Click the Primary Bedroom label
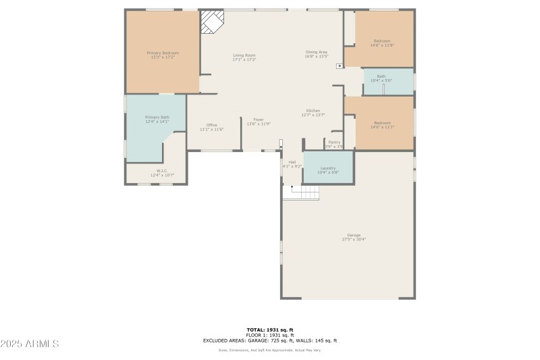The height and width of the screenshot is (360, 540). [x=163, y=53]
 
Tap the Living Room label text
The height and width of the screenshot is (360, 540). [x=244, y=55]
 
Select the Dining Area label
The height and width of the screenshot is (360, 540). [x=316, y=53]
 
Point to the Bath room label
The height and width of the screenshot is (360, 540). [x=381, y=76]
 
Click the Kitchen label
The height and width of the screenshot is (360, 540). [x=313, y=111]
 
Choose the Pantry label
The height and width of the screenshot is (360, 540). [x=334, y=143]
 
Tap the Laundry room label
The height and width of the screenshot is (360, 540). [x=328, y=168]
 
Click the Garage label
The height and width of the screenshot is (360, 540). [x=354, y=235]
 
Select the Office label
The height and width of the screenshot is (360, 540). [x=211, y=125]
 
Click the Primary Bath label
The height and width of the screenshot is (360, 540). [x=157, y=118]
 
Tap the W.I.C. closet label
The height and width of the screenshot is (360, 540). [x=161, y=171]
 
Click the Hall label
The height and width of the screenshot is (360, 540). [x=292, y=162]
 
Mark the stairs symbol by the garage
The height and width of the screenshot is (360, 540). [x=304, y=192]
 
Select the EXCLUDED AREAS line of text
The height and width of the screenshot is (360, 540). [x=269, y=340]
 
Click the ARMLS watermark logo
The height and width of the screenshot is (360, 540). [x=30, y=344]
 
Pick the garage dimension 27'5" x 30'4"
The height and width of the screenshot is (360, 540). [x=354, y=239]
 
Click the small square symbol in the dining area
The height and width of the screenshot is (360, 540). [x=339, y=66]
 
